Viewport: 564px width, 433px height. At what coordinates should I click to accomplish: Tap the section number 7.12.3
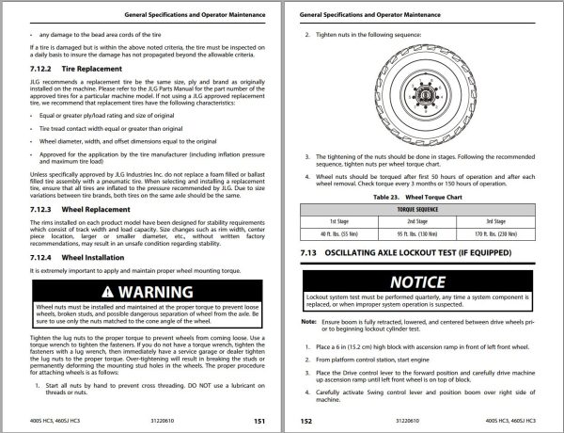click(x=44, y=208)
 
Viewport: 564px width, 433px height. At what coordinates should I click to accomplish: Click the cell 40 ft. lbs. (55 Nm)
click(x=341, y=232)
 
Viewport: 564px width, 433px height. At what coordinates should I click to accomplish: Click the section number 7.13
click(x=310, y=254)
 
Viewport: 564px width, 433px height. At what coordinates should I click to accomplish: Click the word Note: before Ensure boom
click(x=308, y=321)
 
